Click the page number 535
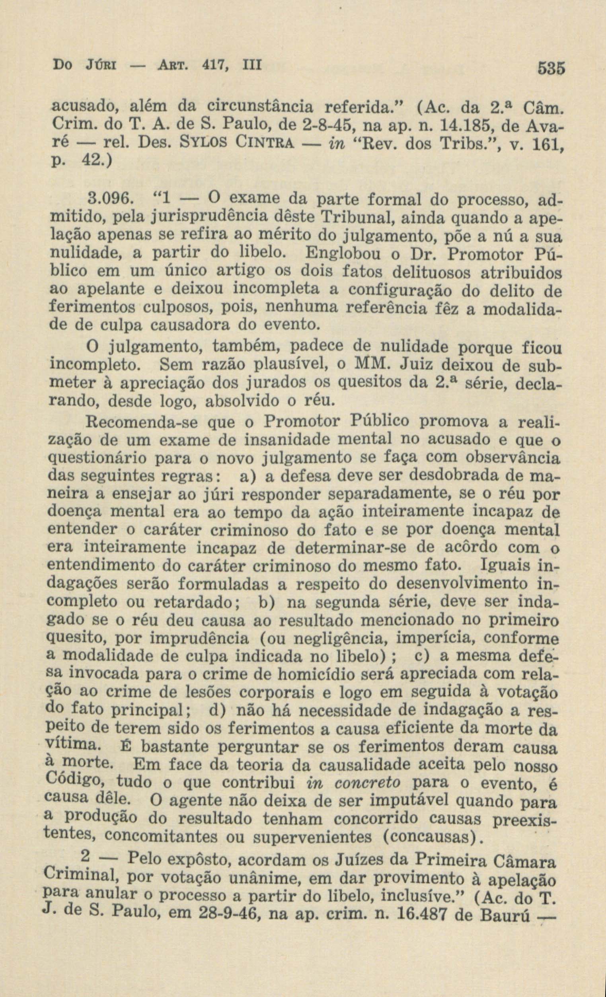point(551,68)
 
